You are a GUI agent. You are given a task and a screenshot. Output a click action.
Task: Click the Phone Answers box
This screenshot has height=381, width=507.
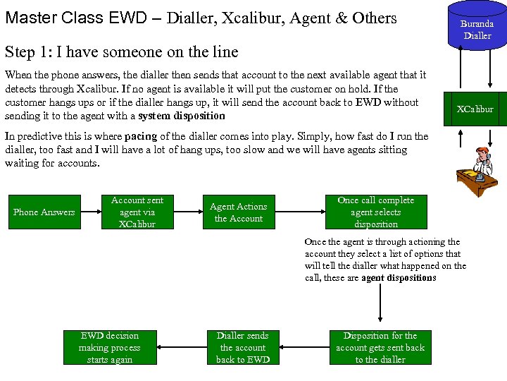pyautogui.click(x=44, y=212)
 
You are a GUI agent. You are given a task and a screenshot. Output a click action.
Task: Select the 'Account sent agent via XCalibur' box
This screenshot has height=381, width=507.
pyautogui.click(x=137, y=212)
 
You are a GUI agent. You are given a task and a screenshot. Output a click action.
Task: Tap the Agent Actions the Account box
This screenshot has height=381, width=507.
pyautogui.click(x=238, y=212)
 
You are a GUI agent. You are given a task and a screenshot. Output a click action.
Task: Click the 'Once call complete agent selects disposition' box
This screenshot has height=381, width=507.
pyautogui.click(x=375, y=212)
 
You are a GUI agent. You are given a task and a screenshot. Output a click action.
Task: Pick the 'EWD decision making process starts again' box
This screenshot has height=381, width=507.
pyautogui.click(x=109, y=347)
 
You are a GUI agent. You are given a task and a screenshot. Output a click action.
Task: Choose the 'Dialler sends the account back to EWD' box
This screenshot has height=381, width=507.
pyautogui.click(x=243, y=347)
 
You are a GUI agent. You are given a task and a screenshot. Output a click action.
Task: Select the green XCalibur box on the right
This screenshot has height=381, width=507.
pyautogui.click(x=475, y=109)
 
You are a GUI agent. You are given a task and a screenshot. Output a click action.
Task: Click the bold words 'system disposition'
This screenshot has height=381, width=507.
pyautogui.click(x=182, y=116)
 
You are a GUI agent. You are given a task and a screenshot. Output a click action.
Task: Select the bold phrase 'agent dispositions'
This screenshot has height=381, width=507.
pyautogui.click(x=399, y=278)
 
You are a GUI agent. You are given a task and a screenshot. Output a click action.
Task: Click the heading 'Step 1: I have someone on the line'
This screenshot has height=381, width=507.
pyautogui.click(x=121, y=52)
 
